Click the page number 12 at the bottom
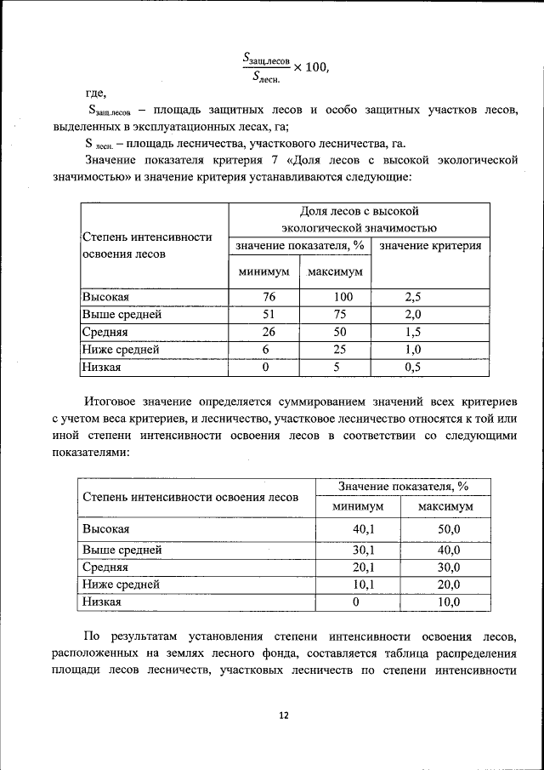point(284,716)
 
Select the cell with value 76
point(265,297)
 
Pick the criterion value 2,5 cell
point(414,297)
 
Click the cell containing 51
point(265,315)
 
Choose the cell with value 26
point(265,332)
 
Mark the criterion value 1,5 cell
point(414,332)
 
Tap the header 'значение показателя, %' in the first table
point(300,246)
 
